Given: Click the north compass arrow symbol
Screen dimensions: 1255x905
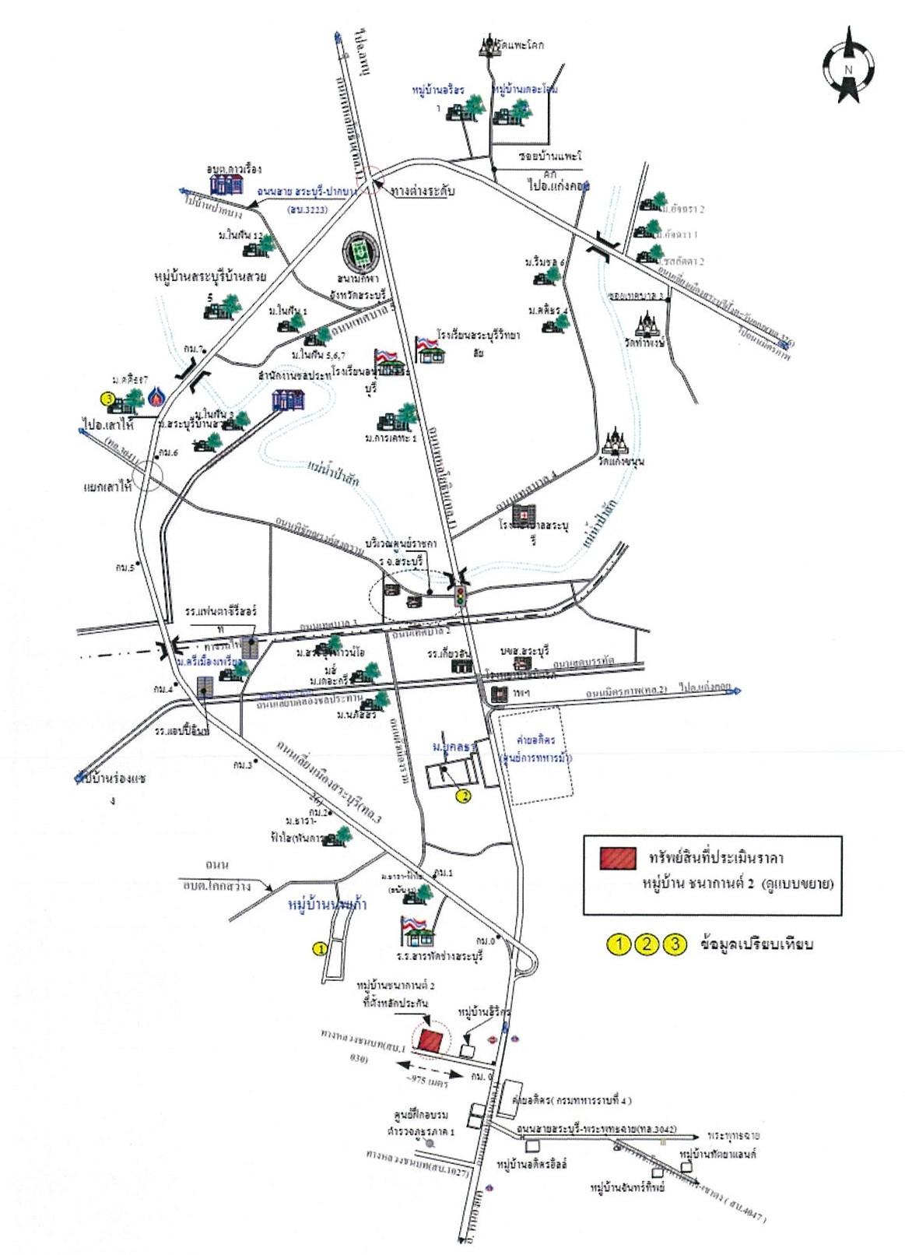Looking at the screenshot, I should [848, 66].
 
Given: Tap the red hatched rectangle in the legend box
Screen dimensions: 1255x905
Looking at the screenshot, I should [618, 857].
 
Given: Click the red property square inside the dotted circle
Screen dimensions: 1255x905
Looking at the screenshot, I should [430, 1039].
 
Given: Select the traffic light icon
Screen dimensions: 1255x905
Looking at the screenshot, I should [460, 598].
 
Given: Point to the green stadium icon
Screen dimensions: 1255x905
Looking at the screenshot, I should [360, 251].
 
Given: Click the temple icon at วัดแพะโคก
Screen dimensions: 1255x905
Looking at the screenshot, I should [489, 45].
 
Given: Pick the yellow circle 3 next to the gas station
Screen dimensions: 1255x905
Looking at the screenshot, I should [109, 399].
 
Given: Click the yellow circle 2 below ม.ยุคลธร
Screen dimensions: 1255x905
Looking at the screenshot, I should [463, 796].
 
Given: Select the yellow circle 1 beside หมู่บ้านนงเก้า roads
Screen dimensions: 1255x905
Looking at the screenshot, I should [318, 948].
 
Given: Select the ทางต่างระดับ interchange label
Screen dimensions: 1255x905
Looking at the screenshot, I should [423, 191].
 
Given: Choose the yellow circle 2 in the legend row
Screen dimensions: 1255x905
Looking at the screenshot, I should [647, 944].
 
